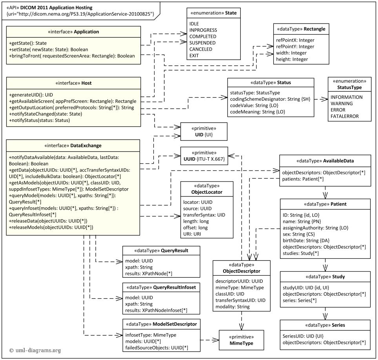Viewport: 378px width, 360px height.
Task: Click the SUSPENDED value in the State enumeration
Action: [202, 43]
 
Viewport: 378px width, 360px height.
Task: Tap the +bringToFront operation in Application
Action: [72, 56]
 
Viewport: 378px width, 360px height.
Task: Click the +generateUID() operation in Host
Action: [31, 95]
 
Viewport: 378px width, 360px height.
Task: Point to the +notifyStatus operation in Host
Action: [39, 120]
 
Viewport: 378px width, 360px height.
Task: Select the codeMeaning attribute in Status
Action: [258, 112]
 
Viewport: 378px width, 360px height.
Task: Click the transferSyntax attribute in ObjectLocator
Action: [204, 215]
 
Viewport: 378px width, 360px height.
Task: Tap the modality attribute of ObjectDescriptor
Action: [233, 306]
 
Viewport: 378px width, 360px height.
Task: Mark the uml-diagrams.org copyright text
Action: [35, 350]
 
